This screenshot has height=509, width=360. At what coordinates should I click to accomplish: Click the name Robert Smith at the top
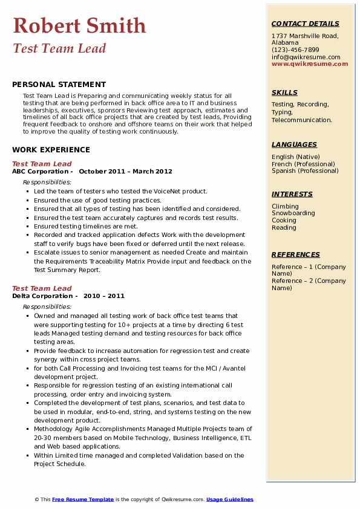(x=79, y=25)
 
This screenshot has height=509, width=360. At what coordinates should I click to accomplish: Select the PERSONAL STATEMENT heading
(x=59, y=85)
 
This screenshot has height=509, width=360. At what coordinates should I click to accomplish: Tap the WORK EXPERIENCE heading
(x=51, y=150)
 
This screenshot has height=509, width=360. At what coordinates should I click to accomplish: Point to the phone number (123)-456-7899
(x=295, y=50)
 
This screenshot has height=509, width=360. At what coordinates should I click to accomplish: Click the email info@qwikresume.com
(x=306, y=57)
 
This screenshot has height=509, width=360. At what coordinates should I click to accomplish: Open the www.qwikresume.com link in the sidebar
(x=306, y=63)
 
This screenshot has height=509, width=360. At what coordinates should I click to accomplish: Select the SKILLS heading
(x=284, y=92)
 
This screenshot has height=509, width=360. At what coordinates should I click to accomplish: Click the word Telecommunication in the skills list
(x=301, y=120)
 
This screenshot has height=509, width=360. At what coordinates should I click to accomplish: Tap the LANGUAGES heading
(x=294, y=144)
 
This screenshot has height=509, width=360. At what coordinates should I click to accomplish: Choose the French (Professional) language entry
(x=303, y=164)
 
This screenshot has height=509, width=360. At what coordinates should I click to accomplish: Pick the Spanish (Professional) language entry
(x=304, y=170)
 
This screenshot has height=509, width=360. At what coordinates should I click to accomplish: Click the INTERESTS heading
(x=292, y=194)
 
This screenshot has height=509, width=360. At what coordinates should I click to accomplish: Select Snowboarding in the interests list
(x=293, y=213)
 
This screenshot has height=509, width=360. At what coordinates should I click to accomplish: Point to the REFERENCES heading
(x=295, y=254)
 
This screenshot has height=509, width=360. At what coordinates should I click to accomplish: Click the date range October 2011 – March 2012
(x=125, y=171)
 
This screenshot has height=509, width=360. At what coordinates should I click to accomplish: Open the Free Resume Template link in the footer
(x=83, y=499)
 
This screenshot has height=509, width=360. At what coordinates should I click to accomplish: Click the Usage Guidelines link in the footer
(x=229, y=499)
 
